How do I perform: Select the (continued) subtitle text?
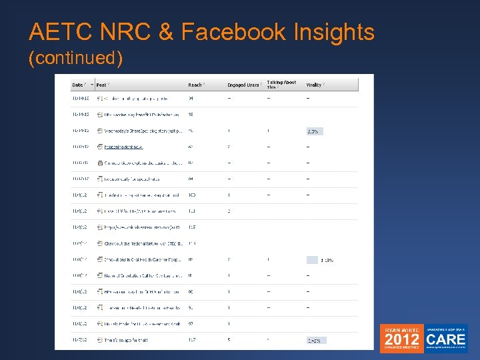(75, 59)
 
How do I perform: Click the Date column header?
(78, 85)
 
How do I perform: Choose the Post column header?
(101, 85)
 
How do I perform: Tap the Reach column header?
(195, 85)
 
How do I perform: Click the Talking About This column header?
(281, 84)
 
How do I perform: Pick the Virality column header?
(313, 85)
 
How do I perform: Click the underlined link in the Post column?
(123, 147)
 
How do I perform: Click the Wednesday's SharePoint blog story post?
(141, 131)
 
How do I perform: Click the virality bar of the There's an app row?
(316, 340)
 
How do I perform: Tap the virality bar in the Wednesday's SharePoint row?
(315, 131)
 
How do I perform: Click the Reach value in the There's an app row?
(193, 340)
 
